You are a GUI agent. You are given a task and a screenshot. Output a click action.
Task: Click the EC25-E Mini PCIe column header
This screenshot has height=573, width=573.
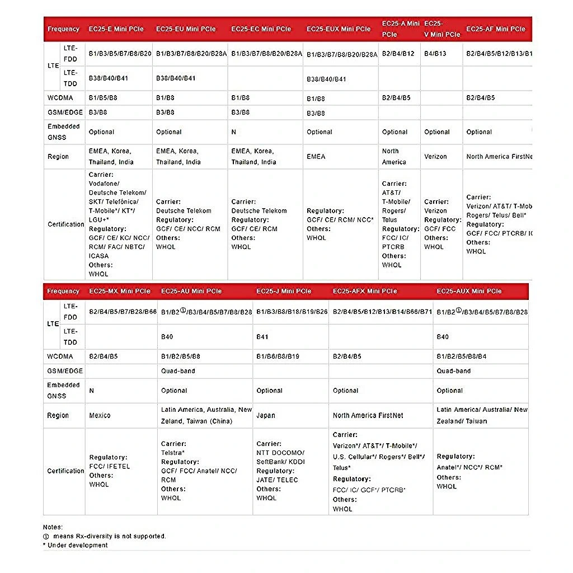(116, 29)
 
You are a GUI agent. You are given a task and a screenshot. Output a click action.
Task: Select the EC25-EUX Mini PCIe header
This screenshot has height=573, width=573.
(339, 29)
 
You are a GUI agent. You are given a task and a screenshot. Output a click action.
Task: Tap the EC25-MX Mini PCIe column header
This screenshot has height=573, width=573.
(120, 291)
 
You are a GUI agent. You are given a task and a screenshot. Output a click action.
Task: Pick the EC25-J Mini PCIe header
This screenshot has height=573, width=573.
(284, 291)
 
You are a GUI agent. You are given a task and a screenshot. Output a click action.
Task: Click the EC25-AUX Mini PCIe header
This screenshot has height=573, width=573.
(469, 291)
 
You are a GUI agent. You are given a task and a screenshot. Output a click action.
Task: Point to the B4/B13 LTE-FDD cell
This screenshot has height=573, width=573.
(435, 54)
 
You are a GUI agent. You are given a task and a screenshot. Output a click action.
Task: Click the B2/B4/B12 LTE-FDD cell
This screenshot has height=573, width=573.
(398, 54)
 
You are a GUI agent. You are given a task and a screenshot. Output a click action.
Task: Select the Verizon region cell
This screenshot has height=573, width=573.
(435, 157)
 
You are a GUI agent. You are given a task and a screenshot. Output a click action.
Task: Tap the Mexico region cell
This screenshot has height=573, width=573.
(100, 416)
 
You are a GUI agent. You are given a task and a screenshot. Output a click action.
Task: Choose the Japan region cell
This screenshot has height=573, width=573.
(266, 416)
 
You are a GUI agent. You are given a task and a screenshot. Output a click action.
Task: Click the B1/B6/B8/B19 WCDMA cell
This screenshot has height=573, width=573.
(278, 356)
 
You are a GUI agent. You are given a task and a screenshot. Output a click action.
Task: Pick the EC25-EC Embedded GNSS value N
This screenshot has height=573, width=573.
(234, 132)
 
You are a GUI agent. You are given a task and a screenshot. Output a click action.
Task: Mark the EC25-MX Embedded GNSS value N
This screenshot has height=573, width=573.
(92, 391)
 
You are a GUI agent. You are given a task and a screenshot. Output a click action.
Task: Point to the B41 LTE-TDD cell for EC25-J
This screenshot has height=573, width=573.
(262, 337)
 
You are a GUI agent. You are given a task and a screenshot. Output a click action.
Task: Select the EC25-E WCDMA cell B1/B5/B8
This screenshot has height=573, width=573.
(103, 98)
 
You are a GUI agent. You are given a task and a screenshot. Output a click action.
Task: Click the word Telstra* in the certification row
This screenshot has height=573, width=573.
(173, 453)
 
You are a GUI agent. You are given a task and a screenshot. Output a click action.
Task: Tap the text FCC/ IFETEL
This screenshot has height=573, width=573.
(110, 466)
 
